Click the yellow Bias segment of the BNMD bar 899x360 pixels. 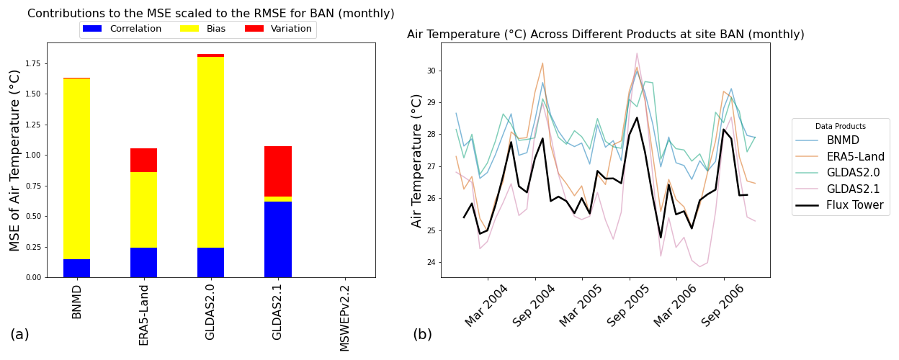point(76,168)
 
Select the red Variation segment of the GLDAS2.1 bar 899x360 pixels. point(277,171)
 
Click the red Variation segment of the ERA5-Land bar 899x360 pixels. point(143,160)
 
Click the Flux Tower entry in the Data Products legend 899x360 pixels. point(840,205)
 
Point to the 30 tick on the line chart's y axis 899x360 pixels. point(429,71)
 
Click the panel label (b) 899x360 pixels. point(422,335)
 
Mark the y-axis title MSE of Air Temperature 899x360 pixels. point(15,160)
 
